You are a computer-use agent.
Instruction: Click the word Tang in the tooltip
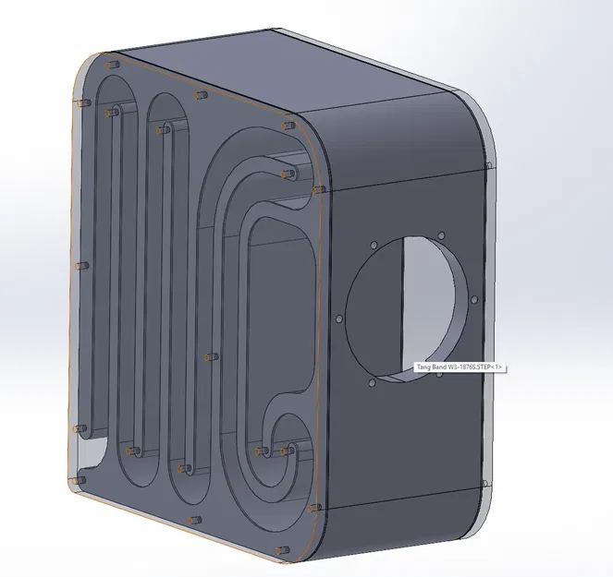[x=423, y=367]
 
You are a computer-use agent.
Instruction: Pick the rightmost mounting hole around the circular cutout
[x=475, y=299]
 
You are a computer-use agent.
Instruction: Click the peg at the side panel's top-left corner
[x=112, y=65]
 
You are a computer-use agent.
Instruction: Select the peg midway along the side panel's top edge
[x=196, y=93]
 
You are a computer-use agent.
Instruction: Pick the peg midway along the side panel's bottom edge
[x=191, y=520]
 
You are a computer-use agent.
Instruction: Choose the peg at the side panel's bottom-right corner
[x=317, y=509]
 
